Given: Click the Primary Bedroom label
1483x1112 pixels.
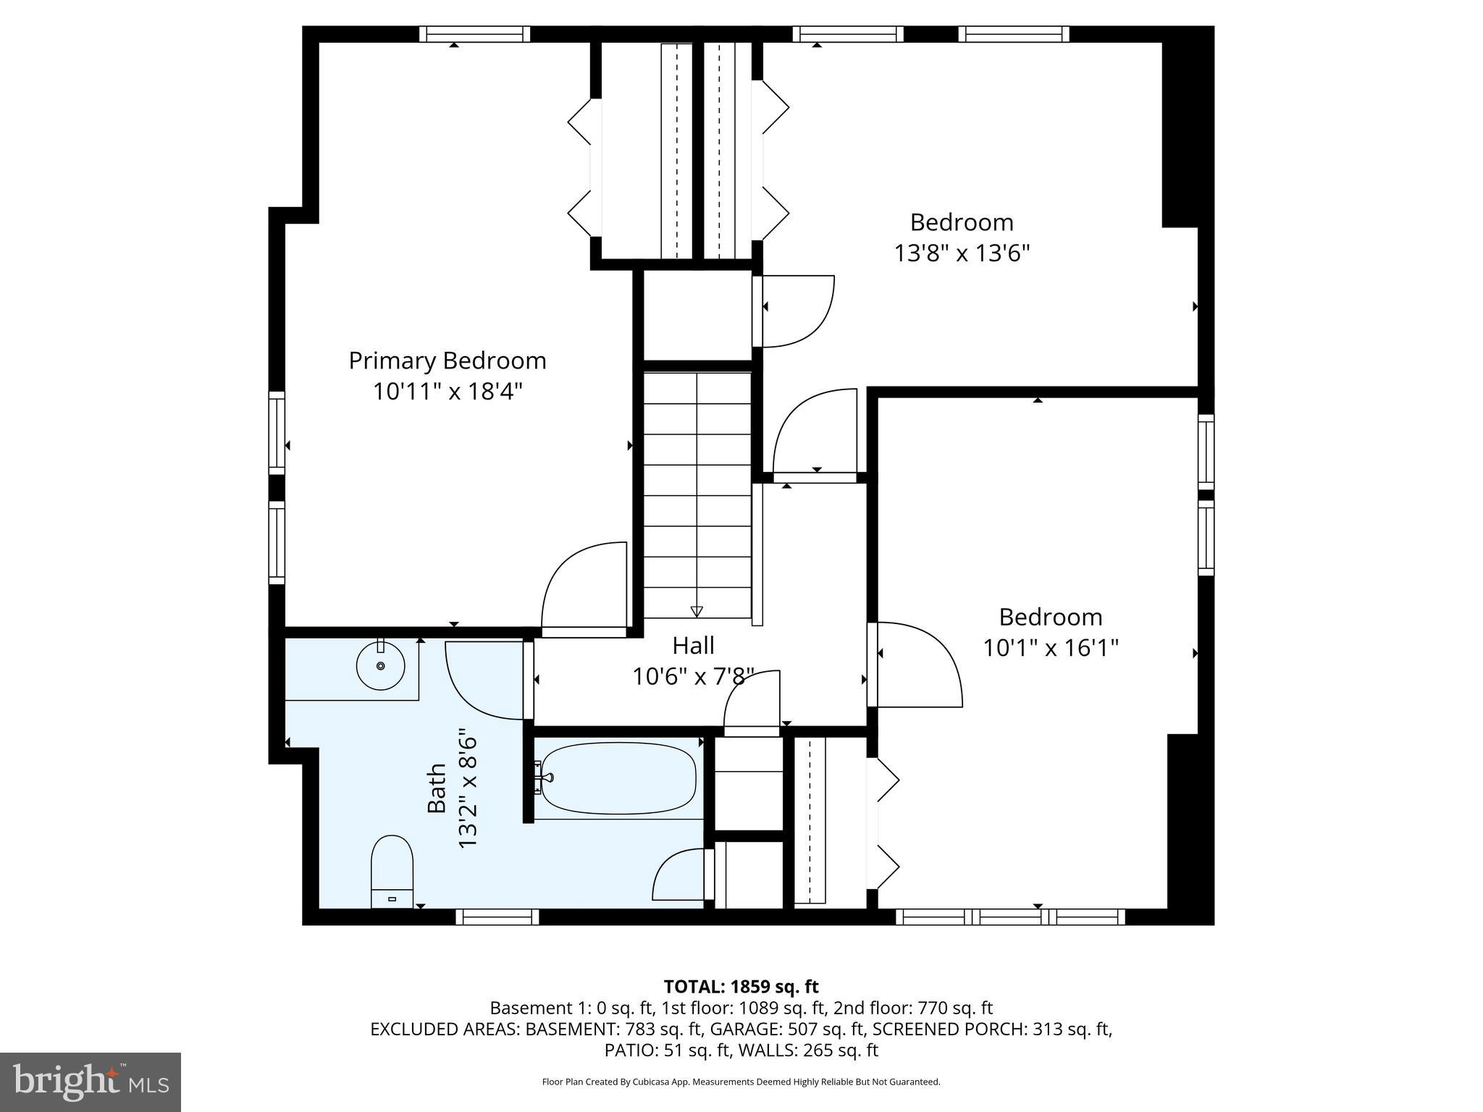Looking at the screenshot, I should (x=447, y=361).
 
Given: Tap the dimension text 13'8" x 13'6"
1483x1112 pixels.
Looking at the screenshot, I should (x=961, y=253).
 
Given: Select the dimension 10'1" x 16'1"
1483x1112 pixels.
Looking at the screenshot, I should (x=1050, y=647).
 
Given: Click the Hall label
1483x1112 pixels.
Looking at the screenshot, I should (x=693, y=645).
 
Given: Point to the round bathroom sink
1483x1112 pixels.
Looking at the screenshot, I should (x=380, y=665).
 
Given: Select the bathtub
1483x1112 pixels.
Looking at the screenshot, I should (x=618, y=778).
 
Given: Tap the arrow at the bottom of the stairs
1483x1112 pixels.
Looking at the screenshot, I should (x=697, y=611).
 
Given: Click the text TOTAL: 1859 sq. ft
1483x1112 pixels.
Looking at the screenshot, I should (x=741, y=986).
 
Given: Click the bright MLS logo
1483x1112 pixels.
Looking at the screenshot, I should (x=91, y=1082).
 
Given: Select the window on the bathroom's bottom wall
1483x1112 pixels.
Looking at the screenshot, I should (x=497, y=917).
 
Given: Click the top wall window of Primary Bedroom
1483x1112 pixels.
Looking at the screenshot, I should (x=474, y=34).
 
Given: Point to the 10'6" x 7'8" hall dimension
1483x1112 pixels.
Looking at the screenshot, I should (x=693, y=677).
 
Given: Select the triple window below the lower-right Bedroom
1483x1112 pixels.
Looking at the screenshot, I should (x=1010, y=917).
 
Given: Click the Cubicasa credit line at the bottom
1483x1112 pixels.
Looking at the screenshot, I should (x=741, y=1082).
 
